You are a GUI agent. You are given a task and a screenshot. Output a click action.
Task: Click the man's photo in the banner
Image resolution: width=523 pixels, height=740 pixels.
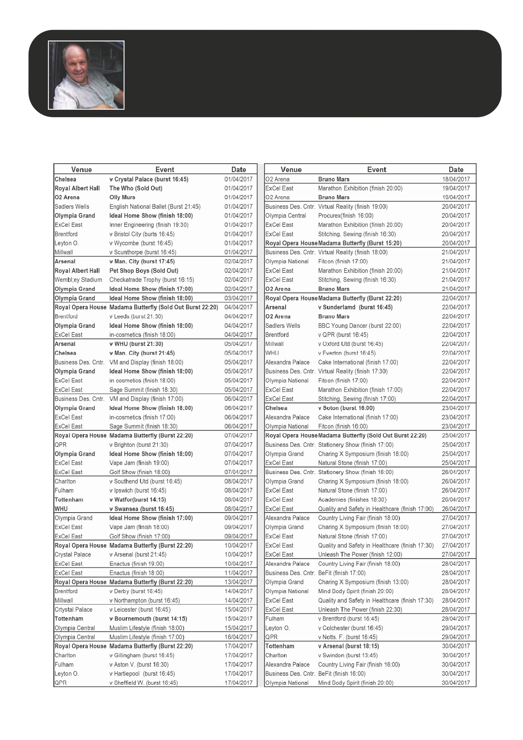[86, 75]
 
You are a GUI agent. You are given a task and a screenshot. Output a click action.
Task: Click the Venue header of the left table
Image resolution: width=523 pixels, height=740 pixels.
[81, 170]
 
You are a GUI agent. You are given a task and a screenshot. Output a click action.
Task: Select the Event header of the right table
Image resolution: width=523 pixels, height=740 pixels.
[377, 170]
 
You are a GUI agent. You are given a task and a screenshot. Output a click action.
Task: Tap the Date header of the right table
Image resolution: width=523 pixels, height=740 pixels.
[456, 170]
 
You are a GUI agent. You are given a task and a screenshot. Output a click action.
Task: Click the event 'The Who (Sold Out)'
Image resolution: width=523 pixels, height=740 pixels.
[136, 188]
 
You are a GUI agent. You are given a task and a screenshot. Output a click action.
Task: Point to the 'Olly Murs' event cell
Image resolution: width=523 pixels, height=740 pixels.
[122, 197]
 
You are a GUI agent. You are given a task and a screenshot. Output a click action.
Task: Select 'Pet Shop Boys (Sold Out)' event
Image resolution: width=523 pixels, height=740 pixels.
[144, 271]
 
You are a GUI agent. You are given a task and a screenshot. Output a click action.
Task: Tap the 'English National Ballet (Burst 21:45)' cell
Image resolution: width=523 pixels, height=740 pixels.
[155, 207]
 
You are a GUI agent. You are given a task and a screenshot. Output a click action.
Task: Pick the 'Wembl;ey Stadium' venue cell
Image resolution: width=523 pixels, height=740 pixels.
[78, 280]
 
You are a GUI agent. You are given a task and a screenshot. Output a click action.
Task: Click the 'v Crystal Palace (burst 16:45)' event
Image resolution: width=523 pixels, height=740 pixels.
[149, 179]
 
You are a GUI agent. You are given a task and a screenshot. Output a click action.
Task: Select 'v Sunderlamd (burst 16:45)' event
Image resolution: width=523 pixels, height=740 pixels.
[355, 307]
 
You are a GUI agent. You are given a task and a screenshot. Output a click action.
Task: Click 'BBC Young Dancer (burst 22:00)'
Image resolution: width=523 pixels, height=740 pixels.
[359, 326]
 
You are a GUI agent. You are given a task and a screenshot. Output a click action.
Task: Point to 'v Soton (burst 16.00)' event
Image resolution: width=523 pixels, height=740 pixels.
[346, 408]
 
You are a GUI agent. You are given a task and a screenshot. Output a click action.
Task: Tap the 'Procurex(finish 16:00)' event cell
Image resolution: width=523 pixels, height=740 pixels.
[346, 216]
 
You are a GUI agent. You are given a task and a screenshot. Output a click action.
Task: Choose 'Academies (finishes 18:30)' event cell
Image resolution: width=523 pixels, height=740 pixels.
[352, 500]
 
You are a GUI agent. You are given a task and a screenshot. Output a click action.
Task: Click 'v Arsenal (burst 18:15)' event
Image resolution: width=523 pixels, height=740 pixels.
[348, 646]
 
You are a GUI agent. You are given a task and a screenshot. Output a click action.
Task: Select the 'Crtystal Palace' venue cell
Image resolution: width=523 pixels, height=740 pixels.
[73, 610]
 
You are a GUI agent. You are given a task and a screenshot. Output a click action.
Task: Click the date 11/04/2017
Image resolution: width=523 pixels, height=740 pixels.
[238, 573]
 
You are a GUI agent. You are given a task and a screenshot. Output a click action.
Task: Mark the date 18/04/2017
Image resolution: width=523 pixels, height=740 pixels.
[456, 179]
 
